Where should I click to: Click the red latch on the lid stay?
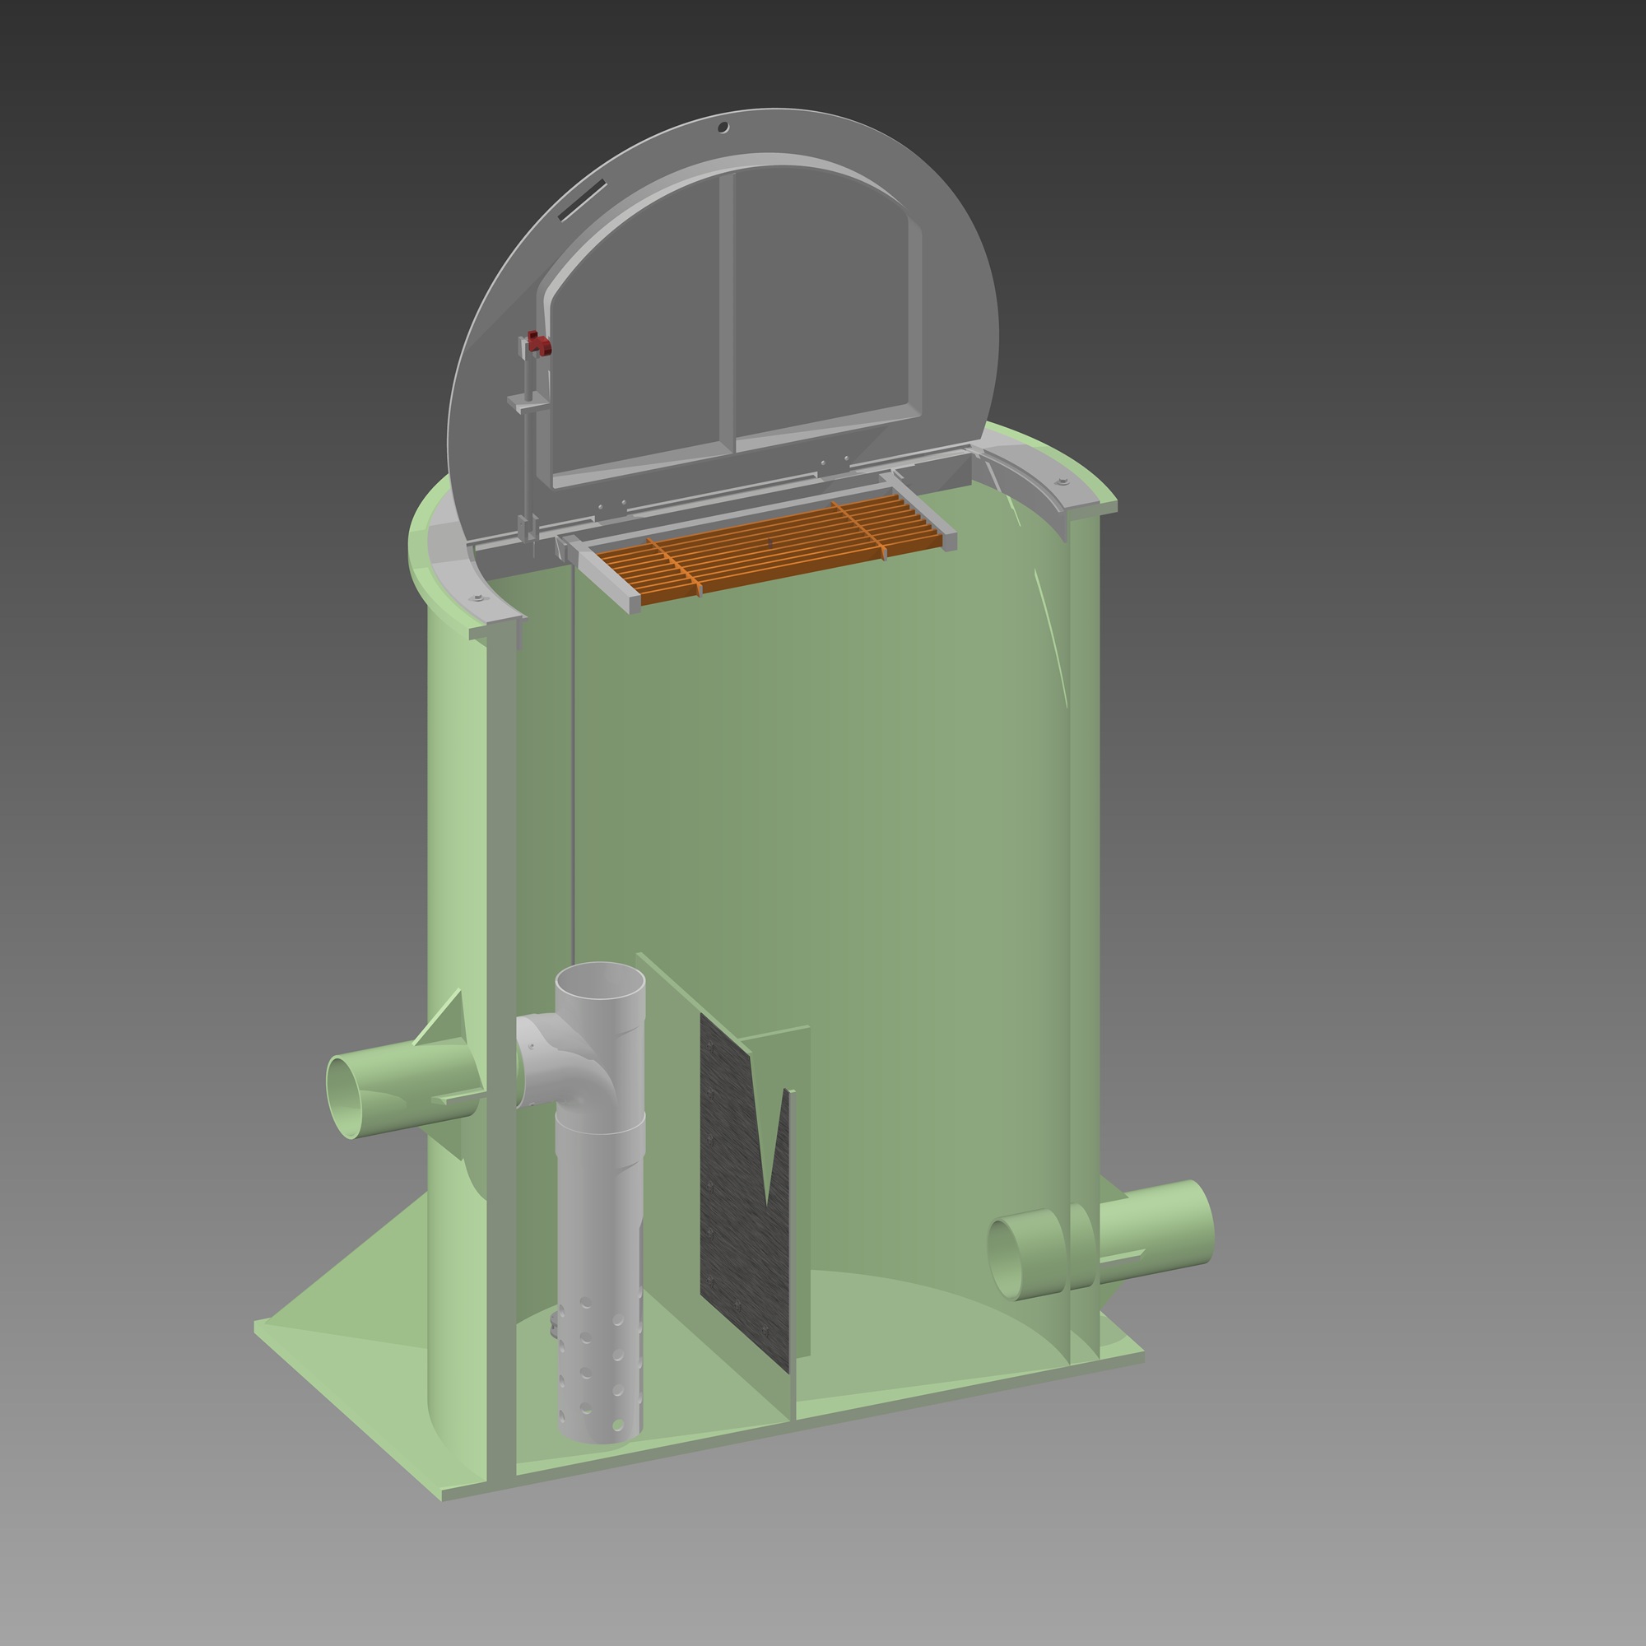point(538,343)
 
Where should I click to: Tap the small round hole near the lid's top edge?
point(723,128)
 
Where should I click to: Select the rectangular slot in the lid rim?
point(582,200)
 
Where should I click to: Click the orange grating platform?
point(771,546)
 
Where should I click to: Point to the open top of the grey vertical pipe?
point(600,979)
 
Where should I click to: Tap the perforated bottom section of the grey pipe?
point(600,1372)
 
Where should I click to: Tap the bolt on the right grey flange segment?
point(1062,482)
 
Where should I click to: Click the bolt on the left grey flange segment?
point(478,598)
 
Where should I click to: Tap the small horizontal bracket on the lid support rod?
point(527,402)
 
